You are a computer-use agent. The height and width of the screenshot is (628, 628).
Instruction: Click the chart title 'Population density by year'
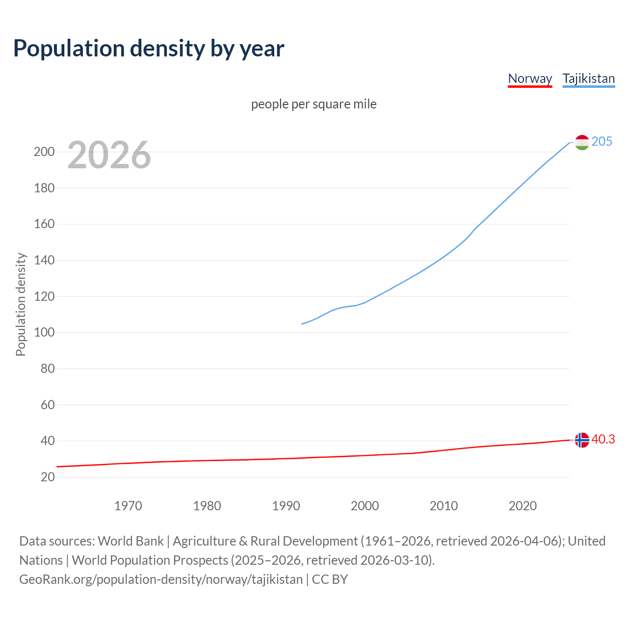click(149, 49)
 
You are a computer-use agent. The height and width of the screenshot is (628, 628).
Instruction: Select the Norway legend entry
click(530, 78)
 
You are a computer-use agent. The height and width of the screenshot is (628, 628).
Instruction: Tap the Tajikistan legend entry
click(588, 78)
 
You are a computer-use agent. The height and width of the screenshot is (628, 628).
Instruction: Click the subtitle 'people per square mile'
click(314, 104)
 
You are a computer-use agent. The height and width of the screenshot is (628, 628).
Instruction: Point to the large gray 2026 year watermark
click(109, 155)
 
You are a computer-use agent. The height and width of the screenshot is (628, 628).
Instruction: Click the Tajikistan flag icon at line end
click(581, 142)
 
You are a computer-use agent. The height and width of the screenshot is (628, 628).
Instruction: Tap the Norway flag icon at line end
click(581, 440)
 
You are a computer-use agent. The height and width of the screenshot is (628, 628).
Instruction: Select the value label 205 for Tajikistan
click(602, 142)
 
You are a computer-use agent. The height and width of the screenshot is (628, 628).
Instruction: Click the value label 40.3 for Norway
click(603, 440)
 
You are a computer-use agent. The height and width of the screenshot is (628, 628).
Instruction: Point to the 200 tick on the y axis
click(44, 152)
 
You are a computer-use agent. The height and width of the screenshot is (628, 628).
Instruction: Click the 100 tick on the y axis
click(44, 333)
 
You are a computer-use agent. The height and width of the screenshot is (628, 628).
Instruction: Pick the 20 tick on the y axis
click(48, 477)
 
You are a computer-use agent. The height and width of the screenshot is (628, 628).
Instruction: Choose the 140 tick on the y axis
click(44, 260)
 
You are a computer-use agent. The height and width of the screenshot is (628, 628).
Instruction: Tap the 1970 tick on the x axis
click(128, 506)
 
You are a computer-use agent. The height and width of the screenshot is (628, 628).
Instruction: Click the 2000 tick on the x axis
click(365, 506)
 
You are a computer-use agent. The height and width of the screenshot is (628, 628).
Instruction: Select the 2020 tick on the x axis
click(523, 506)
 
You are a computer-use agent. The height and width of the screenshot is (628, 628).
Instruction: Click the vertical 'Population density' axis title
click(21, 304)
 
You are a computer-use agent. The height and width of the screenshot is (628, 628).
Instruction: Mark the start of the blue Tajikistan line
click(302, 324)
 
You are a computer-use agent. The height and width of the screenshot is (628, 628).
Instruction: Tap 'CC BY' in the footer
click(330, 579)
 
